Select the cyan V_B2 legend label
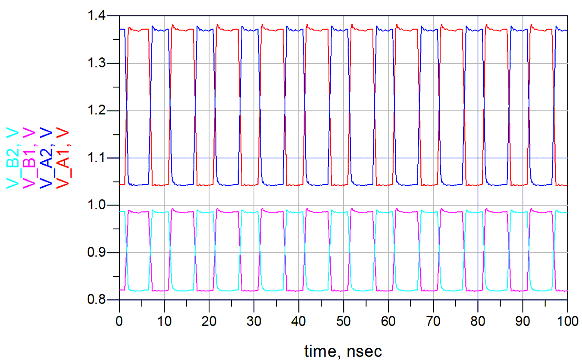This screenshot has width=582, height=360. (x=13, y=157)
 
